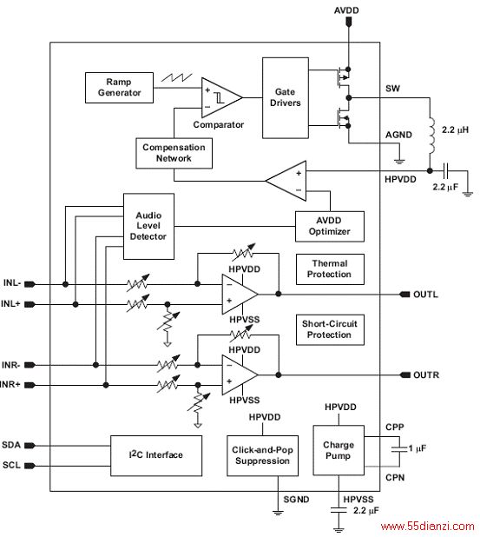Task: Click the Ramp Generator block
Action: pos(119,88)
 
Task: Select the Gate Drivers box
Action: pos(286,98)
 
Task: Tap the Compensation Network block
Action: pos(174,153)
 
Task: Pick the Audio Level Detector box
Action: pos(148,226)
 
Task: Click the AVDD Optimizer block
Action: pos(330,227)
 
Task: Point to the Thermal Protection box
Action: pos(330,269)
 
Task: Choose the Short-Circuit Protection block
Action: pos(330,330)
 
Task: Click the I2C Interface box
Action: pos(156,455)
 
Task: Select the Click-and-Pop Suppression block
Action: pos(262,455)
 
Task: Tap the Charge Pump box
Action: pos(339,450)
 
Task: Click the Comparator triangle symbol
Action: pos(221,98)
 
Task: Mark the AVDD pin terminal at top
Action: pos(349,22)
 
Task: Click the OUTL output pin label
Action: pos(425,295)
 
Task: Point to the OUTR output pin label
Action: pos(426,375)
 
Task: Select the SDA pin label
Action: pos(11,445)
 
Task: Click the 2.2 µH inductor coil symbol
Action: pos(431,136)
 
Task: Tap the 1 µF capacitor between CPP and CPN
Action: pos(399,448)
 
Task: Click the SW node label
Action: pos(392,89)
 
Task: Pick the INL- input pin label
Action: pos(12,283)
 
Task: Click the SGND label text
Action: pos(296,500)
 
